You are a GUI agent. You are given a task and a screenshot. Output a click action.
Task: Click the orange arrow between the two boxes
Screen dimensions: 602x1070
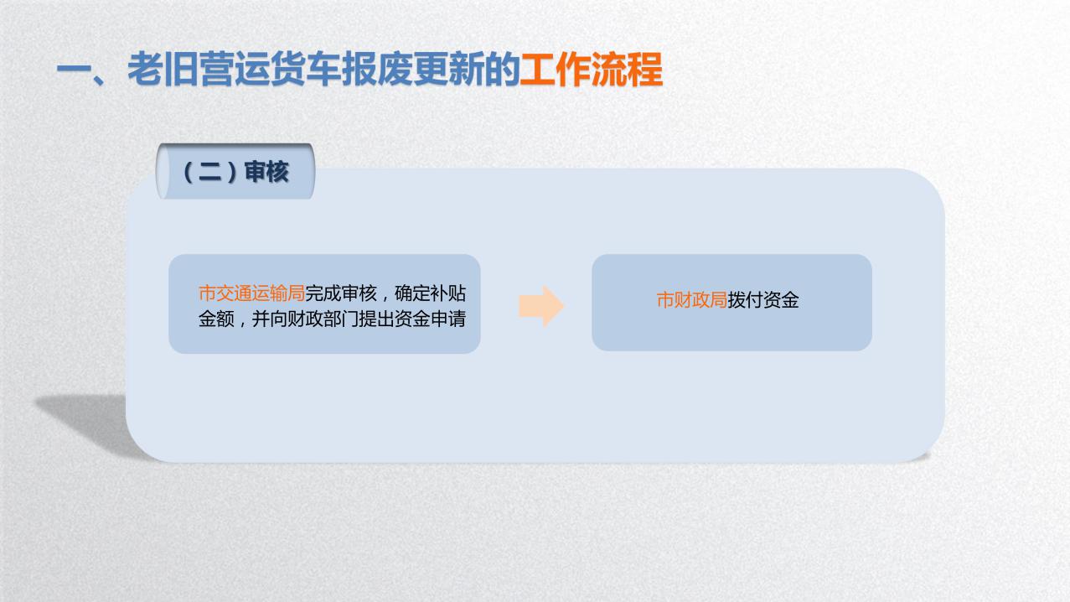540,306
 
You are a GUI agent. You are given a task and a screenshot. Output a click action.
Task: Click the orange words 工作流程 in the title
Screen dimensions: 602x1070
591,70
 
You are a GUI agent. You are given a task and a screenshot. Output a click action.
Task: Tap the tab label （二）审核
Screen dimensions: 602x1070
235,173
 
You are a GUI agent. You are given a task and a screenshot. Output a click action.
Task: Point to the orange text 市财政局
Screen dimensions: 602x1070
691,301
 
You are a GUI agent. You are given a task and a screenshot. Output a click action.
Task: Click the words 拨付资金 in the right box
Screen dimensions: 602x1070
763,301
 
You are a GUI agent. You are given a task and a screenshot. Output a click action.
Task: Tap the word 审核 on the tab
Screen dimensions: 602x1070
266,173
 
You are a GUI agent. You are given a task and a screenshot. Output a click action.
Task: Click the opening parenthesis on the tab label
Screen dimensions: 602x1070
188,173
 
